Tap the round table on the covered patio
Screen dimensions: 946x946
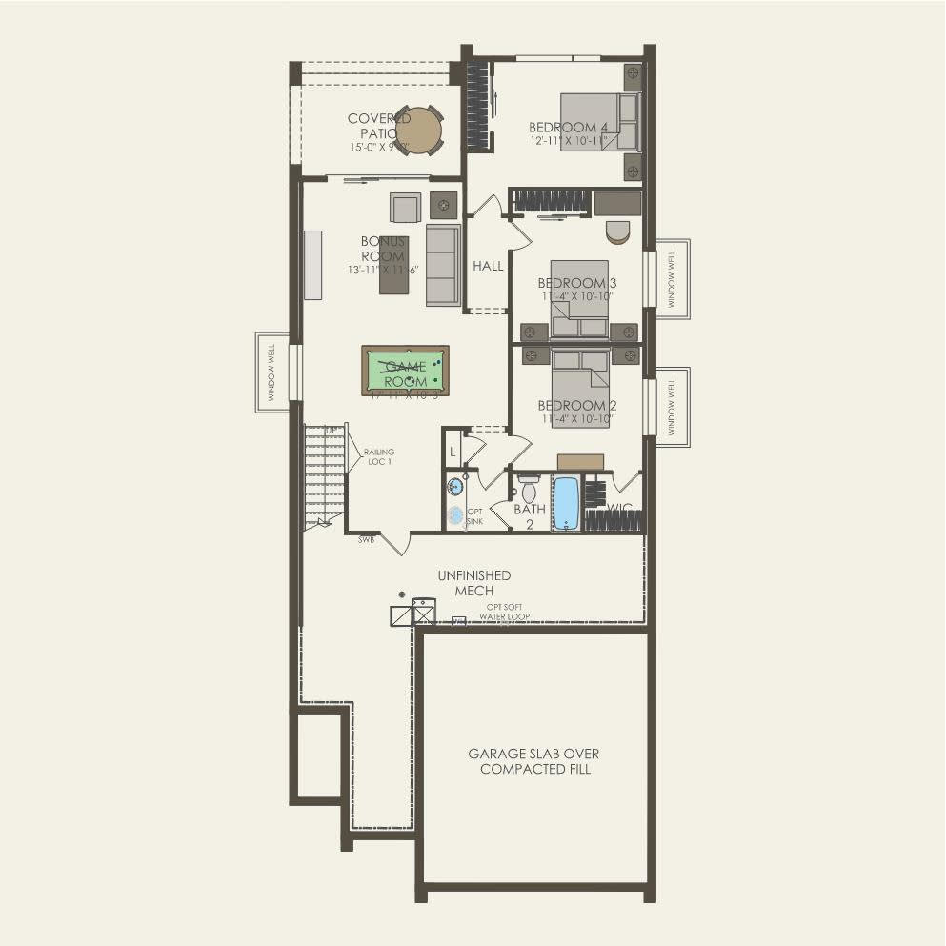418,130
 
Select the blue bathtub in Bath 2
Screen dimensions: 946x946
566,502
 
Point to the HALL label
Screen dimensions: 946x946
488,267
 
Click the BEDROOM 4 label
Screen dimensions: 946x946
568,128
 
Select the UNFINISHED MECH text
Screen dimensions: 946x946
473,583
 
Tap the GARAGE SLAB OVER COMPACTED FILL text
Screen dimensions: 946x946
534,760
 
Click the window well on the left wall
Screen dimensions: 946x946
272,372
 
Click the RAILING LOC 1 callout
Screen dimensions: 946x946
378,456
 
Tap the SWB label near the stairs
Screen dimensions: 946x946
366,540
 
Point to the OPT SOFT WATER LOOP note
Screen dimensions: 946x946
504,613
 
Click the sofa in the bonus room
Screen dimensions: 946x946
442,264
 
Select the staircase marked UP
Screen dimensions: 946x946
323,474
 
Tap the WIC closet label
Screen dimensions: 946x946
620,509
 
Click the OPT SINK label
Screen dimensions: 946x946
474,516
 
